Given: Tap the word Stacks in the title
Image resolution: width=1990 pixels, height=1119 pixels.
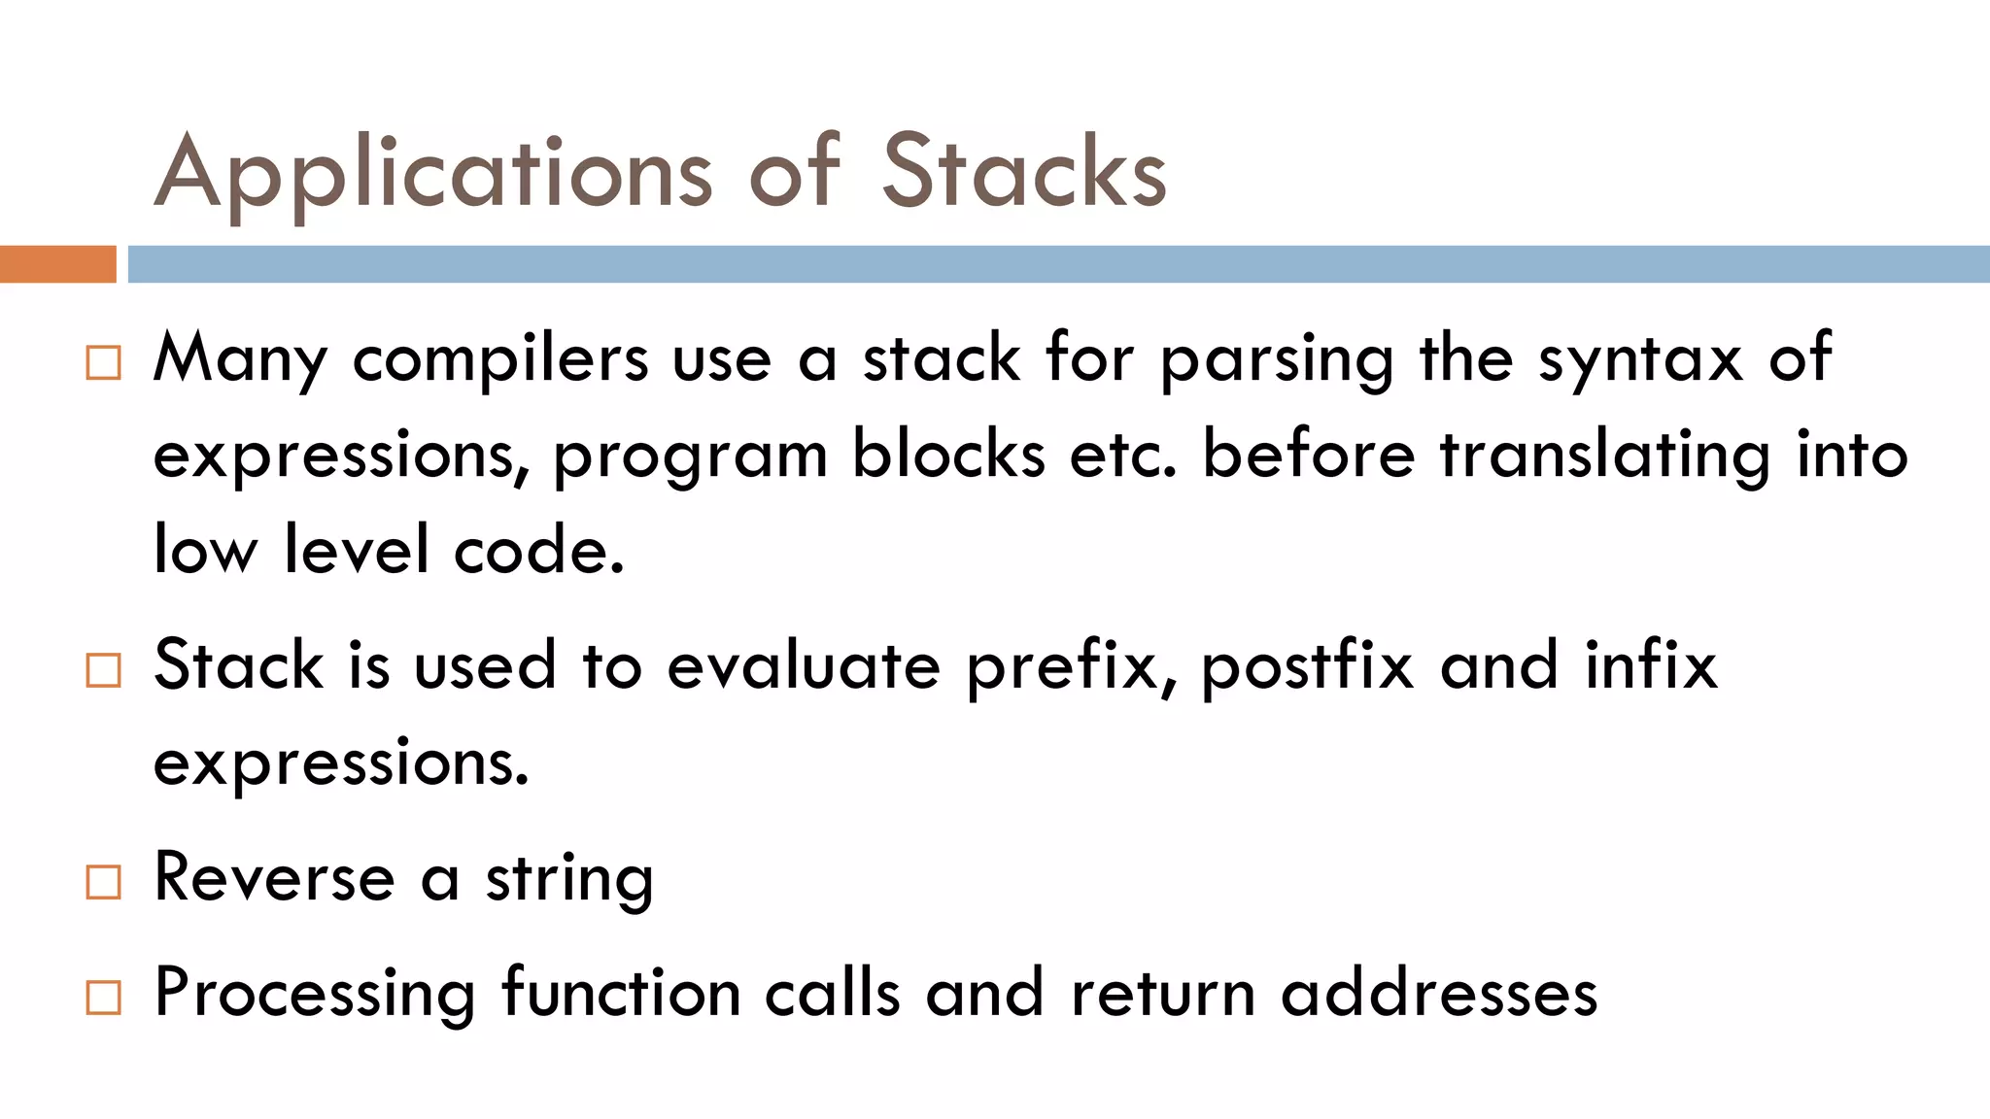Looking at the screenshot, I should tap(1023, 173).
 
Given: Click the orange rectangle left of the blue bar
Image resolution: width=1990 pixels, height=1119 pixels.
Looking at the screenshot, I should tap(57, 264).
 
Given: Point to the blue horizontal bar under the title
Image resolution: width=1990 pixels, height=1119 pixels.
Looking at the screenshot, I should tap(1057, 264).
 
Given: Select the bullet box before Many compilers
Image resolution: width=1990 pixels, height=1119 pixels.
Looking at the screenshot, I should tap(104, 362).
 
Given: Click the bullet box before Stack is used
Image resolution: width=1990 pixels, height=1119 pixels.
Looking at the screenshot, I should tap(104, 670).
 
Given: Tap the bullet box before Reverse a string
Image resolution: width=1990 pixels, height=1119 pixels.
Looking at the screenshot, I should tap(104, 882).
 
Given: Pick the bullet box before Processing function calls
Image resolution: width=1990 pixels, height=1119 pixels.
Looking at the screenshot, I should tap(104, 998).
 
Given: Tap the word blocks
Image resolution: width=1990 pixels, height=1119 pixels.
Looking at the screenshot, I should tap(948, 455).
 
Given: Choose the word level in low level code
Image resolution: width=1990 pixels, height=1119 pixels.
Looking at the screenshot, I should tap(356, 550).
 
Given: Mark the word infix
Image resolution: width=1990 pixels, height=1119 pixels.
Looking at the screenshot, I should tap(1651, 666).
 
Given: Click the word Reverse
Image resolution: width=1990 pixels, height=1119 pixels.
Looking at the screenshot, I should tap(274, 878).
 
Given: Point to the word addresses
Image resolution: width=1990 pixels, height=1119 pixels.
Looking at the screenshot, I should tap(1439, 994).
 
